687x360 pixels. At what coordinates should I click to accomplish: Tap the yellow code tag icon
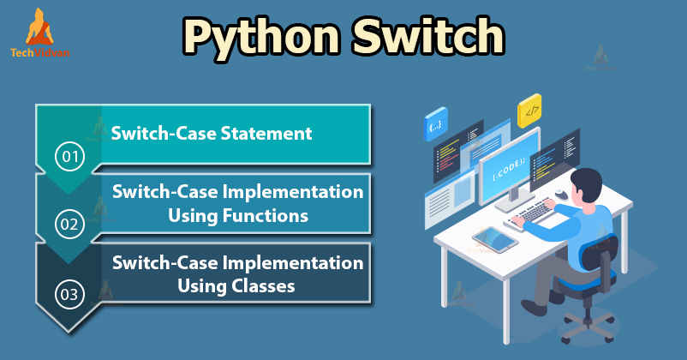tap(530, 111)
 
